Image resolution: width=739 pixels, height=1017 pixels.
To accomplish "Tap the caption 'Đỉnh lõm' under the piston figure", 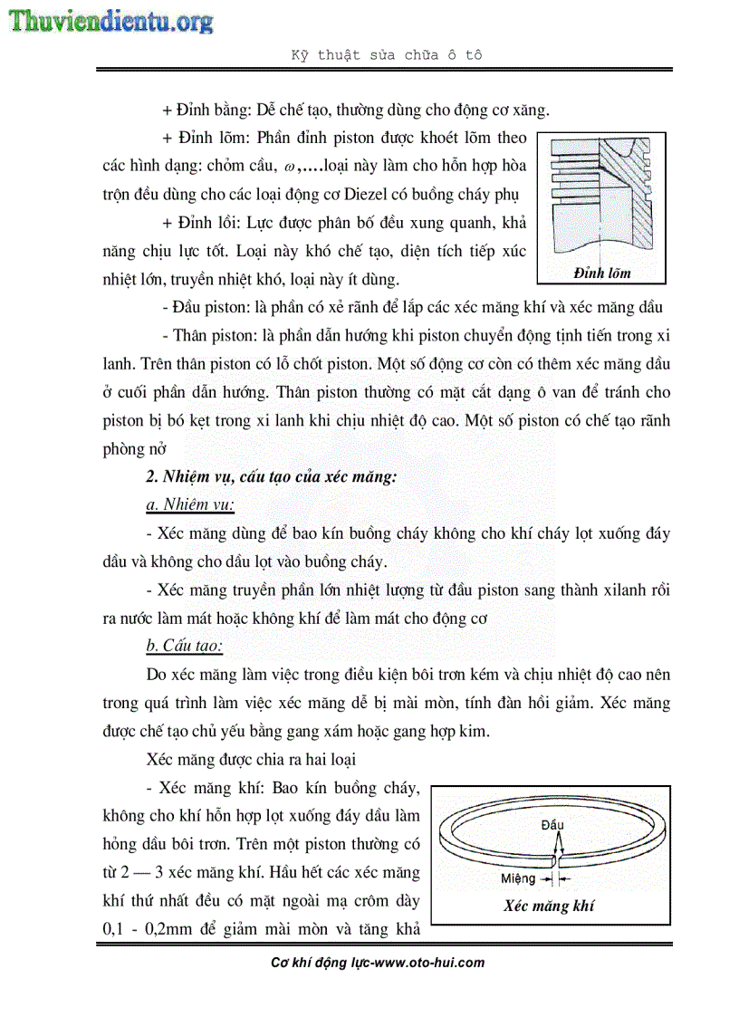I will (601, 273).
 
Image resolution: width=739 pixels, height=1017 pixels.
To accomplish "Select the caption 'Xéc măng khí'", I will (549, 906).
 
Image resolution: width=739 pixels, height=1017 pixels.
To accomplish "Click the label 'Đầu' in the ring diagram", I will (552, 825).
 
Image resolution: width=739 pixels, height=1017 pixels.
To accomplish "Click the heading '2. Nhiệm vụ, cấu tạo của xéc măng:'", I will (272, 477).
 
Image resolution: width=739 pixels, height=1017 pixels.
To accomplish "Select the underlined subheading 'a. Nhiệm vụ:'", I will (190, 505).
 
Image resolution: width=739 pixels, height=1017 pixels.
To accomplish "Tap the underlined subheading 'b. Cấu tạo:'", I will (184, 646).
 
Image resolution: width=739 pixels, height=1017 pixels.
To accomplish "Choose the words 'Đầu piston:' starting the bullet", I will (210, 308).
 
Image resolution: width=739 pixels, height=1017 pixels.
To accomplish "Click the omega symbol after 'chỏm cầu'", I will (289, 167).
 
